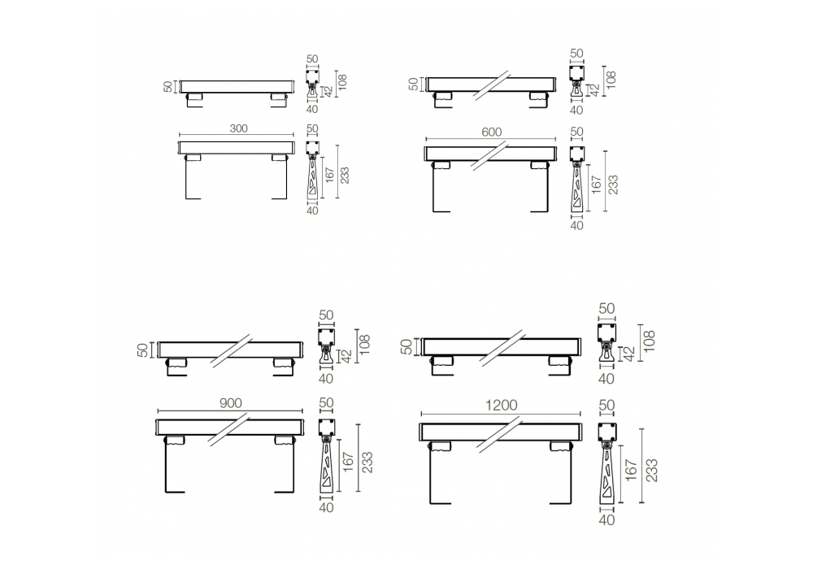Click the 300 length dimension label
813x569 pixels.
238,128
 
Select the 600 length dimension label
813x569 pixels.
492,132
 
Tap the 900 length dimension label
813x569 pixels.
230,403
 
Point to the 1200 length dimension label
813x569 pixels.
502,406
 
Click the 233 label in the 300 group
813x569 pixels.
344,175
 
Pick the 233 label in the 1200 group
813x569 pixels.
652,470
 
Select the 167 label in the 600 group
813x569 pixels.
595,185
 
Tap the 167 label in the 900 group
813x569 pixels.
348,463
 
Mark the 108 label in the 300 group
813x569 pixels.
341,82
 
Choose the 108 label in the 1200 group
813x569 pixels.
649,341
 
